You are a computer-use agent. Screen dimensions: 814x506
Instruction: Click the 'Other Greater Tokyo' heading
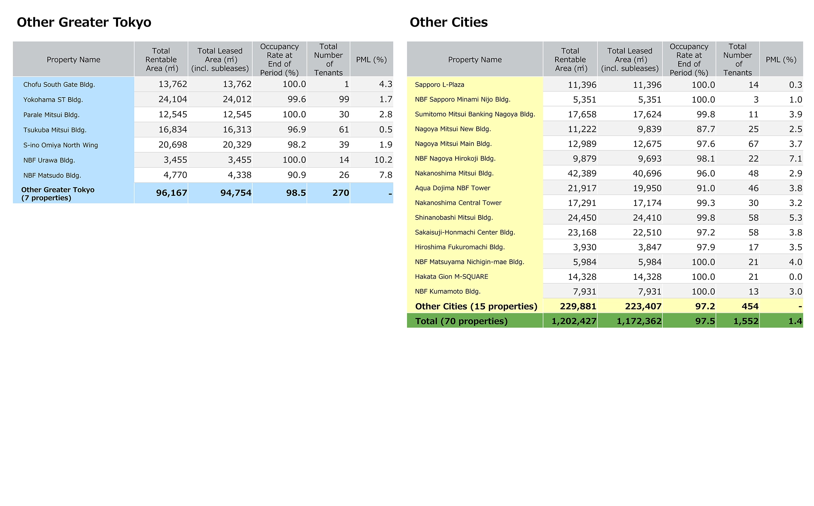pyautogui.click(x=84, y=22)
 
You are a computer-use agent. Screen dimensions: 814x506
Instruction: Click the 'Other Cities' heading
pyautogui.click(x=449, y=22)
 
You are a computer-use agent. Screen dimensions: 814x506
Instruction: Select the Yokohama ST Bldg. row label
pyautogui.click(x=53, y=100)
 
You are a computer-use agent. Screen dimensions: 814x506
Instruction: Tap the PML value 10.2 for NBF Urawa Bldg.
pyautogui.click(x=383, y=160)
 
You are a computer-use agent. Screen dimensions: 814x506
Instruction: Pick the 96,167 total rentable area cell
pyautogui.click(x=171, y=193)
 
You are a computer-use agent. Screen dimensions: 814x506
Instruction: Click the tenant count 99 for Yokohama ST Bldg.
pyautogui.click(x=344, y=99)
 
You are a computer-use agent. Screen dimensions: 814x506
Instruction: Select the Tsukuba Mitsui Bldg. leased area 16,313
pyautogui.click(x=237, y=130)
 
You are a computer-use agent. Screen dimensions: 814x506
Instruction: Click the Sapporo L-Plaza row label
pyautogui.click(x=440, y=85)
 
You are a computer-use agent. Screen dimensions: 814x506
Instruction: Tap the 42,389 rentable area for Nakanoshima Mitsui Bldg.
pyautogui.click(x=582, y=173)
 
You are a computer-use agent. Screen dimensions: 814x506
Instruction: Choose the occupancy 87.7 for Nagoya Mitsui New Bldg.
pyautogui.click(x=706, y=129)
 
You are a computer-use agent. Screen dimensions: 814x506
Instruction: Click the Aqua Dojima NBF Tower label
pyautogui.click(x=452, y=188)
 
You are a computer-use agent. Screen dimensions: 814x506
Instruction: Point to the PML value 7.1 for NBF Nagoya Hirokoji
pyautogui.click(x=795, y=159)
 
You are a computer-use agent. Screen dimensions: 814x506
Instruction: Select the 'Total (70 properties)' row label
pyautogui.click(x=461, y=321)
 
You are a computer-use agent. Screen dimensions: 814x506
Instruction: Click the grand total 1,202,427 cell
pyautogui.click(x=574, y=321)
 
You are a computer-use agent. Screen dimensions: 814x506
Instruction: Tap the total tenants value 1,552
pyautogui.click(x=746, y=321)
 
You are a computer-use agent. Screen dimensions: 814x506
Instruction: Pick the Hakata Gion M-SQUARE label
pyautogui.click(x=451, y=277)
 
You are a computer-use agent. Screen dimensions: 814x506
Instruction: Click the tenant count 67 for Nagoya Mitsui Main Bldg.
pyautogui.click(x=753, y=144)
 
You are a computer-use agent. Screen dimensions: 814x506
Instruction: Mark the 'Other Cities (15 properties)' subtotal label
pyautogui.click(x=476, y=307)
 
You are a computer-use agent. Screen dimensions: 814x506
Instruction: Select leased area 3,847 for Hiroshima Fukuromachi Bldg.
pyautogui.click(x=650, y=247)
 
